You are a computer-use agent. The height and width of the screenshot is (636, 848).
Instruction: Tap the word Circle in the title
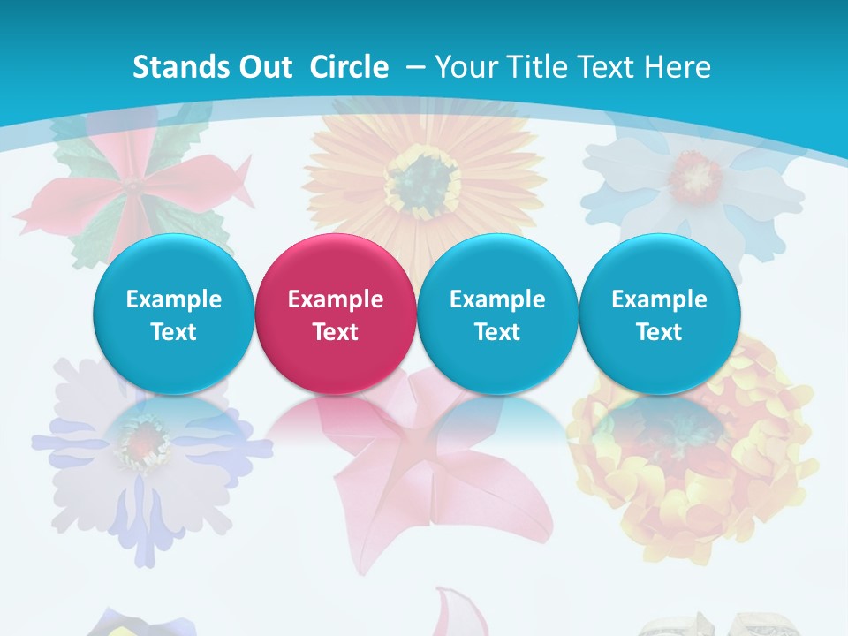coord(348,67)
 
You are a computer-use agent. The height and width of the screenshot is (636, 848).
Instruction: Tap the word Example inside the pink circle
coord(336,299)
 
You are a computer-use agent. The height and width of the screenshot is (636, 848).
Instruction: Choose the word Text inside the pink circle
coord(336,332)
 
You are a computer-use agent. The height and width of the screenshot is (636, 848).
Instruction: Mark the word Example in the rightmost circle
coord(659,299)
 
